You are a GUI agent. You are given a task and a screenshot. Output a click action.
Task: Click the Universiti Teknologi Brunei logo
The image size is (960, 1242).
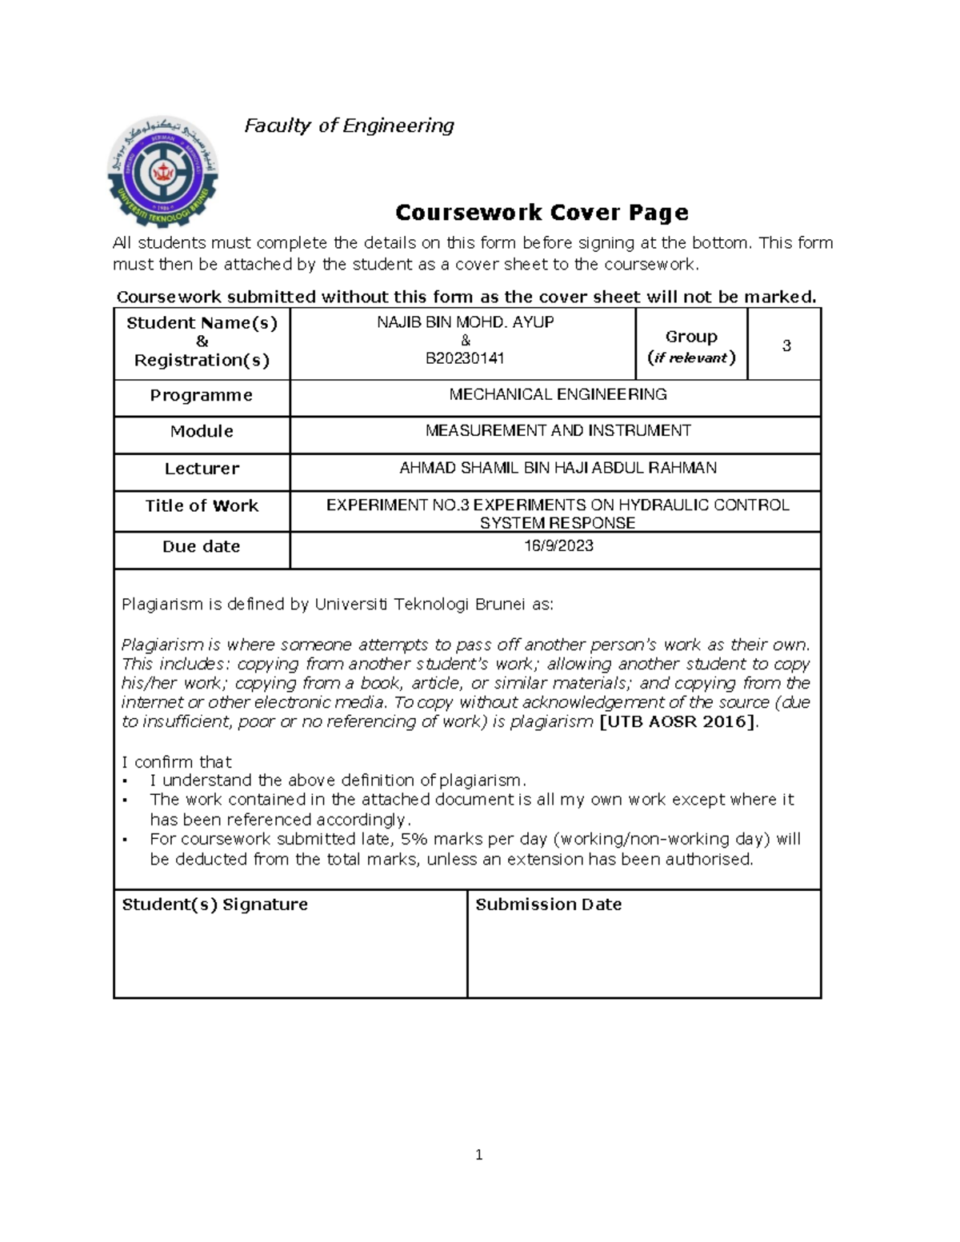163,174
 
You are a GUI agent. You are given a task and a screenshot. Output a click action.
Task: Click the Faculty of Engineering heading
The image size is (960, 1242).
349,126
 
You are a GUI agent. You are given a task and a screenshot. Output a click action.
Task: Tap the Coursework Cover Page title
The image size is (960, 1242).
542,213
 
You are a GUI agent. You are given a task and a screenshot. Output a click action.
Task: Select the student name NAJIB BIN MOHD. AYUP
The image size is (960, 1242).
466,322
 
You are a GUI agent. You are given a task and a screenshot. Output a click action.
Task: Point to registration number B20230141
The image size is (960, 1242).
466,358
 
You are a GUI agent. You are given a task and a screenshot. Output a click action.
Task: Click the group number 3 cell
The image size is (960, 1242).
786,345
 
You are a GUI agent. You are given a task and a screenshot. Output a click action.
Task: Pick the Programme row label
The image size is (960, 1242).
202,396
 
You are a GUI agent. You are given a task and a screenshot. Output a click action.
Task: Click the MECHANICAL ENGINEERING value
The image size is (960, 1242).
558,394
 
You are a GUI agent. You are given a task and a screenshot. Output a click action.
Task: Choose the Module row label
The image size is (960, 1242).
202,432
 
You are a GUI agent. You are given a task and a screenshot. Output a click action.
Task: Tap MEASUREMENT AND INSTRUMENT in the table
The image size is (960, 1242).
558,431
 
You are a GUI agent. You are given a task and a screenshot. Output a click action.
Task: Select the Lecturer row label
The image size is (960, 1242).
202,469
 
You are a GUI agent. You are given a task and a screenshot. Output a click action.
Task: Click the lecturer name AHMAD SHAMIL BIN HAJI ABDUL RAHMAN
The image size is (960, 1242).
558,468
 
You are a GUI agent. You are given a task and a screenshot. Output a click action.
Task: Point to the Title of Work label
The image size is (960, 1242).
202,505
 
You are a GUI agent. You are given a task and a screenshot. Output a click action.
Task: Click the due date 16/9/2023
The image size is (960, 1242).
558,546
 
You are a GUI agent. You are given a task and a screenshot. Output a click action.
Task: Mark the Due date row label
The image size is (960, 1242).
202,547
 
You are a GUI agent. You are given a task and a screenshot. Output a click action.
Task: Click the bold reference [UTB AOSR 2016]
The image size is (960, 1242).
677,721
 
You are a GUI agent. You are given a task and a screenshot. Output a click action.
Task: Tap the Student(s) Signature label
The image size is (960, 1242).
214,905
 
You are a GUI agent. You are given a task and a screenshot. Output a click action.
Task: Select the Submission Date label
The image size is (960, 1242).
548,905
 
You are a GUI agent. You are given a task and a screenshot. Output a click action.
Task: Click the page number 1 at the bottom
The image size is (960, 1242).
478,1155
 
